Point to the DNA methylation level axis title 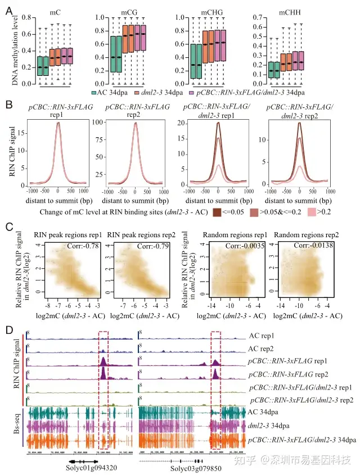[x=15, y=49]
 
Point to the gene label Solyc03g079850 [x=188, y=466]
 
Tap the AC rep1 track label [x=263, y=336]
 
